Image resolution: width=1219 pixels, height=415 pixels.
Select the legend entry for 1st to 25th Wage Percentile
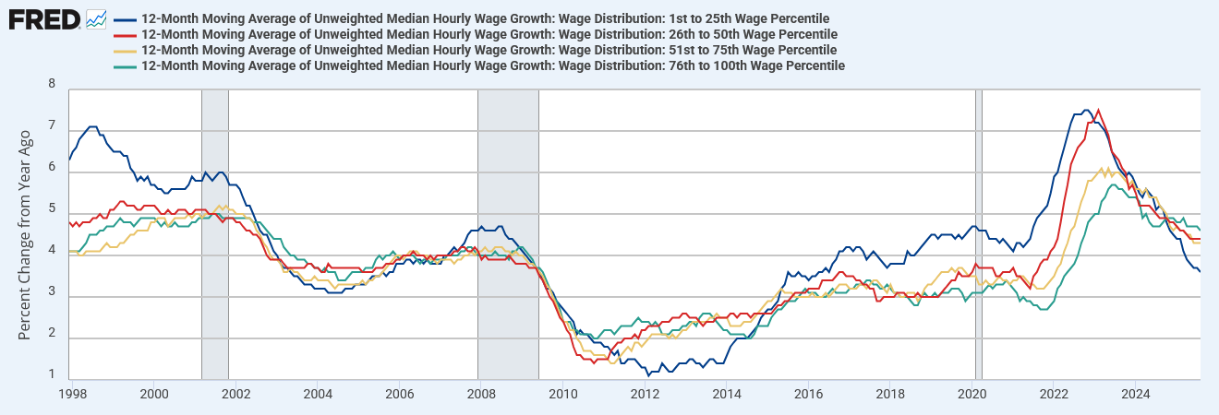(x=486, y=18)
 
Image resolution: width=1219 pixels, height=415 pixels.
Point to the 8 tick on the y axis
(x=52, y=84)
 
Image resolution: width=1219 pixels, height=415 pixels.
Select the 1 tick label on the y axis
(x=52, y=374)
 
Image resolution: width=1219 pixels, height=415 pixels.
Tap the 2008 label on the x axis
(x=480, y=394)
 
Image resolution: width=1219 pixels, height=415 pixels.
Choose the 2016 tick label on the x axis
(x=808, y=394)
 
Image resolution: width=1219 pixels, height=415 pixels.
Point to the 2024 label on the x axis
(x=1135, y=394)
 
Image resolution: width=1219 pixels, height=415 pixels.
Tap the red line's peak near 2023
(x=1097, y=110)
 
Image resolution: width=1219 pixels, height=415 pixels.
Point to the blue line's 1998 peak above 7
(x=92, y=126)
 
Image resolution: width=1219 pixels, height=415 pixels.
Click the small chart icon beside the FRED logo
(x=96, y=18)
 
